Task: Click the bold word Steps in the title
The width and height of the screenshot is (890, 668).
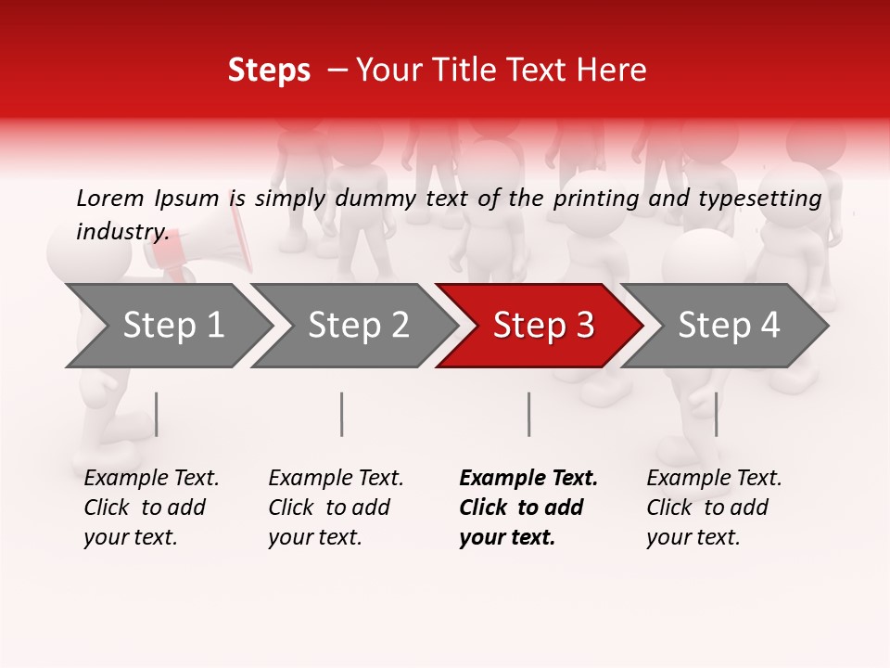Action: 269,71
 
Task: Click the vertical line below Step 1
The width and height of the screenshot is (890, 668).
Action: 157,414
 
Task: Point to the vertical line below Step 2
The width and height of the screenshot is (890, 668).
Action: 342,414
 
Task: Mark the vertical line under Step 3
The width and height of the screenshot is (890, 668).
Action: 528,414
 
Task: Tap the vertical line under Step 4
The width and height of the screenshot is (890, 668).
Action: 716,414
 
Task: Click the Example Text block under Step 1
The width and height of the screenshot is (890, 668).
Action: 151,507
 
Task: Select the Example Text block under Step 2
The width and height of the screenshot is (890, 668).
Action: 336,507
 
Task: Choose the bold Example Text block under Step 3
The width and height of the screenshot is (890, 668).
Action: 528,507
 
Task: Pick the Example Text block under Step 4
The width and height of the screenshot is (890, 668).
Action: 714,507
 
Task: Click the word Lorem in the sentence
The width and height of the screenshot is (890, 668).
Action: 110,198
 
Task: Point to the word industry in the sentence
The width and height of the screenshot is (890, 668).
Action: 122,231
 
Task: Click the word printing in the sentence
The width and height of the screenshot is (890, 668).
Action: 591,199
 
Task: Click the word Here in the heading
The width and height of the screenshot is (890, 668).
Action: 616,71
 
